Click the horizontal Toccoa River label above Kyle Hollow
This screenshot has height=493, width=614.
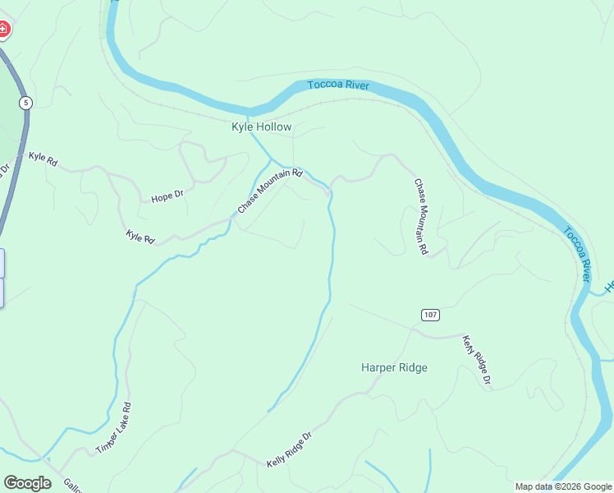[x=338, y=85]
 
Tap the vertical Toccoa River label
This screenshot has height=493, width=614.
[x=578, y=255]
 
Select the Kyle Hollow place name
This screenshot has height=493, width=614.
[x=261, y=127]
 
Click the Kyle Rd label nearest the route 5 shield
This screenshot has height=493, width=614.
[x=43, y=159]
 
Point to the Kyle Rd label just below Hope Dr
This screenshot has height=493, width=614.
[x=140, y=237]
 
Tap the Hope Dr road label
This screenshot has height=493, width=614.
[x=167, y=197]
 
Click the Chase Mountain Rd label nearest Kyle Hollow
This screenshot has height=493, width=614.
[x=270, y=191]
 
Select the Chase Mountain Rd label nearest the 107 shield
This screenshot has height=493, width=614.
[x=420, y=216]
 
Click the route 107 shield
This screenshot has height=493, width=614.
[x=431, y=315]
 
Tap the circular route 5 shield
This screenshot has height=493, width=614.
[x=26, y=103]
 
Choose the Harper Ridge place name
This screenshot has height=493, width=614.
[x=394, y=367]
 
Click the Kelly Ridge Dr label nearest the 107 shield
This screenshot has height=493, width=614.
[x=475, y=360]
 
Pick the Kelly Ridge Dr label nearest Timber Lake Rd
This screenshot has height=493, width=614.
[x=290, y=450]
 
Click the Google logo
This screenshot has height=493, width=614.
[x=27, y=483]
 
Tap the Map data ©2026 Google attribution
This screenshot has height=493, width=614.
[x=562, y=486]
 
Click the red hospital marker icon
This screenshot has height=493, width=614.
[x=3, y=30]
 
